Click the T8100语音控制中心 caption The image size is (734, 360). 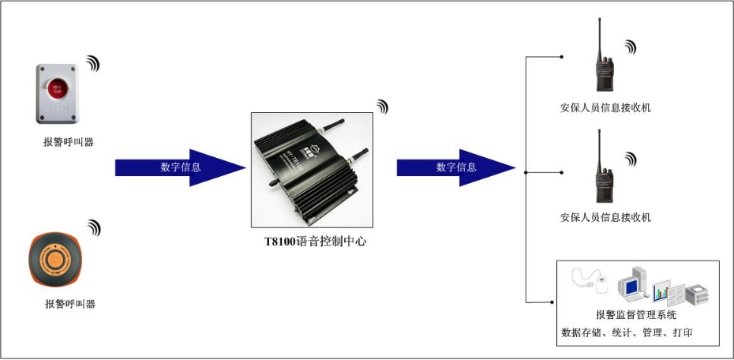tap(316, 242)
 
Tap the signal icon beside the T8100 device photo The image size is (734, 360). tap(382, 107)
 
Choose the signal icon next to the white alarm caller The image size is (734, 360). tap(94, 64)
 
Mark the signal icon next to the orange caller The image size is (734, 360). tap(95, 227)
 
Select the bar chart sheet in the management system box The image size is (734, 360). tap(665, 294)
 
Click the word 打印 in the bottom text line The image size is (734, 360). tap(683, 332)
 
